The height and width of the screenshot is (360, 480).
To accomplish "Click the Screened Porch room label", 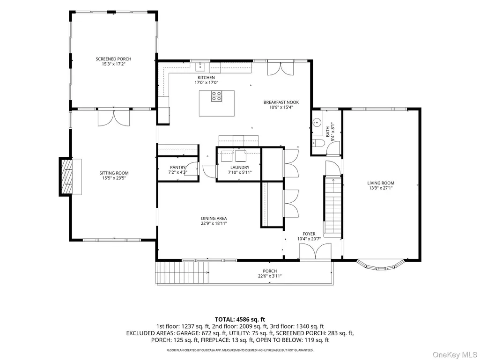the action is click(x=114, y=59).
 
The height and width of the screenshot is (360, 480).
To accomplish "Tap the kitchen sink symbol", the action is click(x=200, y=66).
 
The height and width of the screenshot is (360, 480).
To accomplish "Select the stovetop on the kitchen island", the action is click(x=216, y=96).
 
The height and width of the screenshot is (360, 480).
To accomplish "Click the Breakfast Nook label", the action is click(x=281, y=102).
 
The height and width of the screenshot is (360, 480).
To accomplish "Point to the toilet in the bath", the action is click(x=319, y=143).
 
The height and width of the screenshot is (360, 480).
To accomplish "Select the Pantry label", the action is click(x=177, y=168).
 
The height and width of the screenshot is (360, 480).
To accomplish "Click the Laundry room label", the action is click(x=240, y=168).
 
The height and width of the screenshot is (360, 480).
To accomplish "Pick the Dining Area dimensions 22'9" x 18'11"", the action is click(x=214, y=223).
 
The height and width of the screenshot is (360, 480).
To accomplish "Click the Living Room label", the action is click(x=381, y=183).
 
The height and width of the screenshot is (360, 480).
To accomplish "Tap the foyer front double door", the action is click(x=315, y=252).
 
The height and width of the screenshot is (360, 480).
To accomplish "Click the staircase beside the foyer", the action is click(x=333, y=206).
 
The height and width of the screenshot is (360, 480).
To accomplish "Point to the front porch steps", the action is click(x=182, y=273).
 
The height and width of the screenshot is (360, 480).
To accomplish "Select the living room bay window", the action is click(x=381, y=265).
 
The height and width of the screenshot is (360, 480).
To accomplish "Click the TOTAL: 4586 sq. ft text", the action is click(x=240, y=320).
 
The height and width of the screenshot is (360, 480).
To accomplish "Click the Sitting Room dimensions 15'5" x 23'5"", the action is click(x=114, y=178).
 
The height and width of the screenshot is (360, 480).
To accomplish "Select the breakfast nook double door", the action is click(x=281, y=68).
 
